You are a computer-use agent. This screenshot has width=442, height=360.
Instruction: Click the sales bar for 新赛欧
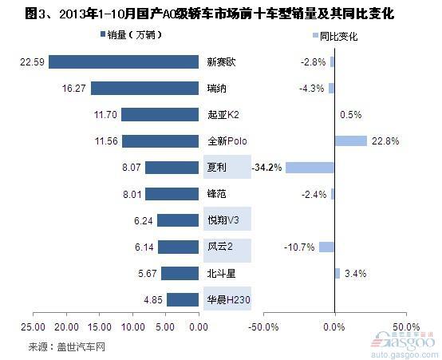point(124,61)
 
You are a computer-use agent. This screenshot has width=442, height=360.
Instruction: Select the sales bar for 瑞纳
point(144,89)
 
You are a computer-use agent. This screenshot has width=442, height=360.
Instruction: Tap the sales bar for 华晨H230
point(183,299)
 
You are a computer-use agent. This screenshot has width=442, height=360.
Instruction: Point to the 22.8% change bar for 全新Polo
point(351,140)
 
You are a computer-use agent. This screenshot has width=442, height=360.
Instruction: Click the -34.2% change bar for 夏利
point(310,168)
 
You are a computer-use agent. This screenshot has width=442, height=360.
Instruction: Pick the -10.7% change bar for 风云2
point(326,247)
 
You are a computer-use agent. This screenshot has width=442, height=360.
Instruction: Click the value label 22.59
point(32,62)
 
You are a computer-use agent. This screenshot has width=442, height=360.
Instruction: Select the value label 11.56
point(106,141)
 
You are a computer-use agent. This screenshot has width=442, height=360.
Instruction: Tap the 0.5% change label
point(351,115)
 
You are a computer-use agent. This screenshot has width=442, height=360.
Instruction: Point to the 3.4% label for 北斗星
point(356,273)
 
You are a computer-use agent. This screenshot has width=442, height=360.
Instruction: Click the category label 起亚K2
point(223,115)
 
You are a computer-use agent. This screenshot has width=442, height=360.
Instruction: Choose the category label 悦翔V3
point(223,220)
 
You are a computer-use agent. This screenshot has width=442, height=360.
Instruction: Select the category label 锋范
point(216,194)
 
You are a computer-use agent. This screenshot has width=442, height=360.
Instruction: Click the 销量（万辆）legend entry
point(131,35)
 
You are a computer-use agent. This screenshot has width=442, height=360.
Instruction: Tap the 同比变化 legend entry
point(335,37)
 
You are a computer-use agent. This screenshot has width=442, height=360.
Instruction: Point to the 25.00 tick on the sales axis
point(33,327)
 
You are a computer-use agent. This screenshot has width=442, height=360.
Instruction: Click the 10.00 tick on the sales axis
point(132,327)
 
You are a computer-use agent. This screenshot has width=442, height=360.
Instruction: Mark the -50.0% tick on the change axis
point(263,327)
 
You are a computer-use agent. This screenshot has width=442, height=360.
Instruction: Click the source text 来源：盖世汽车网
point(67,346)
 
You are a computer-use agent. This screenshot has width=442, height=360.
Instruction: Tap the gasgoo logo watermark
point(404,344)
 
